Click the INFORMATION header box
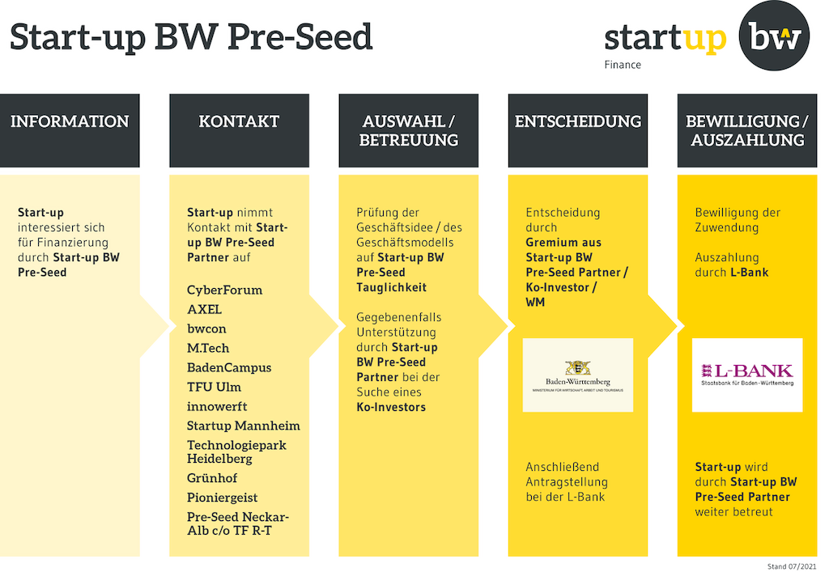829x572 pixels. tap(70, 130)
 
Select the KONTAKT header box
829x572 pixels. tap(239, 130)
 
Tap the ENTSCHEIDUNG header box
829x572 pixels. tap(578, 130)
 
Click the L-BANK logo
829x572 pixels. tap(747, 375)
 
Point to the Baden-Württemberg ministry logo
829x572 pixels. tap(578, 375)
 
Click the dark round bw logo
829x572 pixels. tap(774, 36)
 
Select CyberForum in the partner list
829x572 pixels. tap(225, 290)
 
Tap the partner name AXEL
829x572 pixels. tap(204, 310)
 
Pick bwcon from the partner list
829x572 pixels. tap(206, 329)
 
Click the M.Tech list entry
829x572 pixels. tap(208, 349)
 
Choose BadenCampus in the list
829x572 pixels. tap(229, 368)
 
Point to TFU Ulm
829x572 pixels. tap(214, 388)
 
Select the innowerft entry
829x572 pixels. tap(217, 407)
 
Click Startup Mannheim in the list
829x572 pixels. tap(243, 426)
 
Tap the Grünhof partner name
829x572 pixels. tap(212, 478)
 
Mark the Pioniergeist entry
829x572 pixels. tap(222, 498)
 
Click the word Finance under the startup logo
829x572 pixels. tap(623, 65)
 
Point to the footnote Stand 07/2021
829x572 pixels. tap(792, 566)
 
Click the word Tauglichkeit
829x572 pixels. tap(391, 287)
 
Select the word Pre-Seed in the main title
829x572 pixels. tap(300, 37)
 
